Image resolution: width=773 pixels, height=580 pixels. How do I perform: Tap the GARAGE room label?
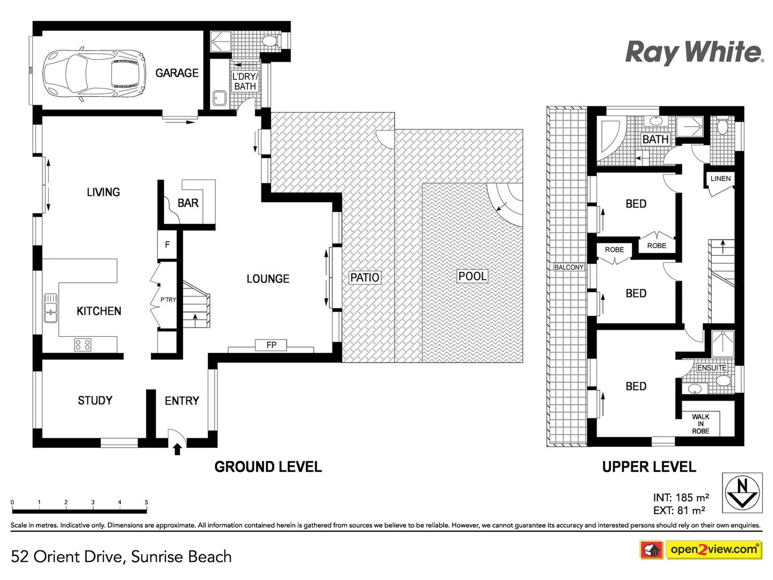177,73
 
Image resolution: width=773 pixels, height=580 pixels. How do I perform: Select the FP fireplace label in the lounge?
272,345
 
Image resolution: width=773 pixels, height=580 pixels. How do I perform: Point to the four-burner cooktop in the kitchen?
83,344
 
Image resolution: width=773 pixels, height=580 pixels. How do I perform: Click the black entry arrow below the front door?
177,448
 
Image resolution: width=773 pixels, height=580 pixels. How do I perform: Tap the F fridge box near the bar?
167,245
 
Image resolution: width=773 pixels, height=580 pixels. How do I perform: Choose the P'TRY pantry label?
168,300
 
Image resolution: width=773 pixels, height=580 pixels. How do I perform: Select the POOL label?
472,276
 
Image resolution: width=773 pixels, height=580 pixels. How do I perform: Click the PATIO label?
364,278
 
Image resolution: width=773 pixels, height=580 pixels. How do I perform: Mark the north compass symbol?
742,492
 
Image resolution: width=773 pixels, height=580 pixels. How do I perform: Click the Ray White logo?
694,53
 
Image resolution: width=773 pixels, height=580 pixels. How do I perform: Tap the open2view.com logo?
713,549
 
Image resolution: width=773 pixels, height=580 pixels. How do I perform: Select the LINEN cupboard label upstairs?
720,179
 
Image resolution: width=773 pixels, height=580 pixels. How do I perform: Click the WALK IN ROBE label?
701,424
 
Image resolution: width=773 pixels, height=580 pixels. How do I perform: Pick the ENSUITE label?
712,368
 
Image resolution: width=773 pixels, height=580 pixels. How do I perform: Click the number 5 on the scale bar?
147,502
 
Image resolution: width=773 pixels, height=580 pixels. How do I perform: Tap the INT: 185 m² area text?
681,497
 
